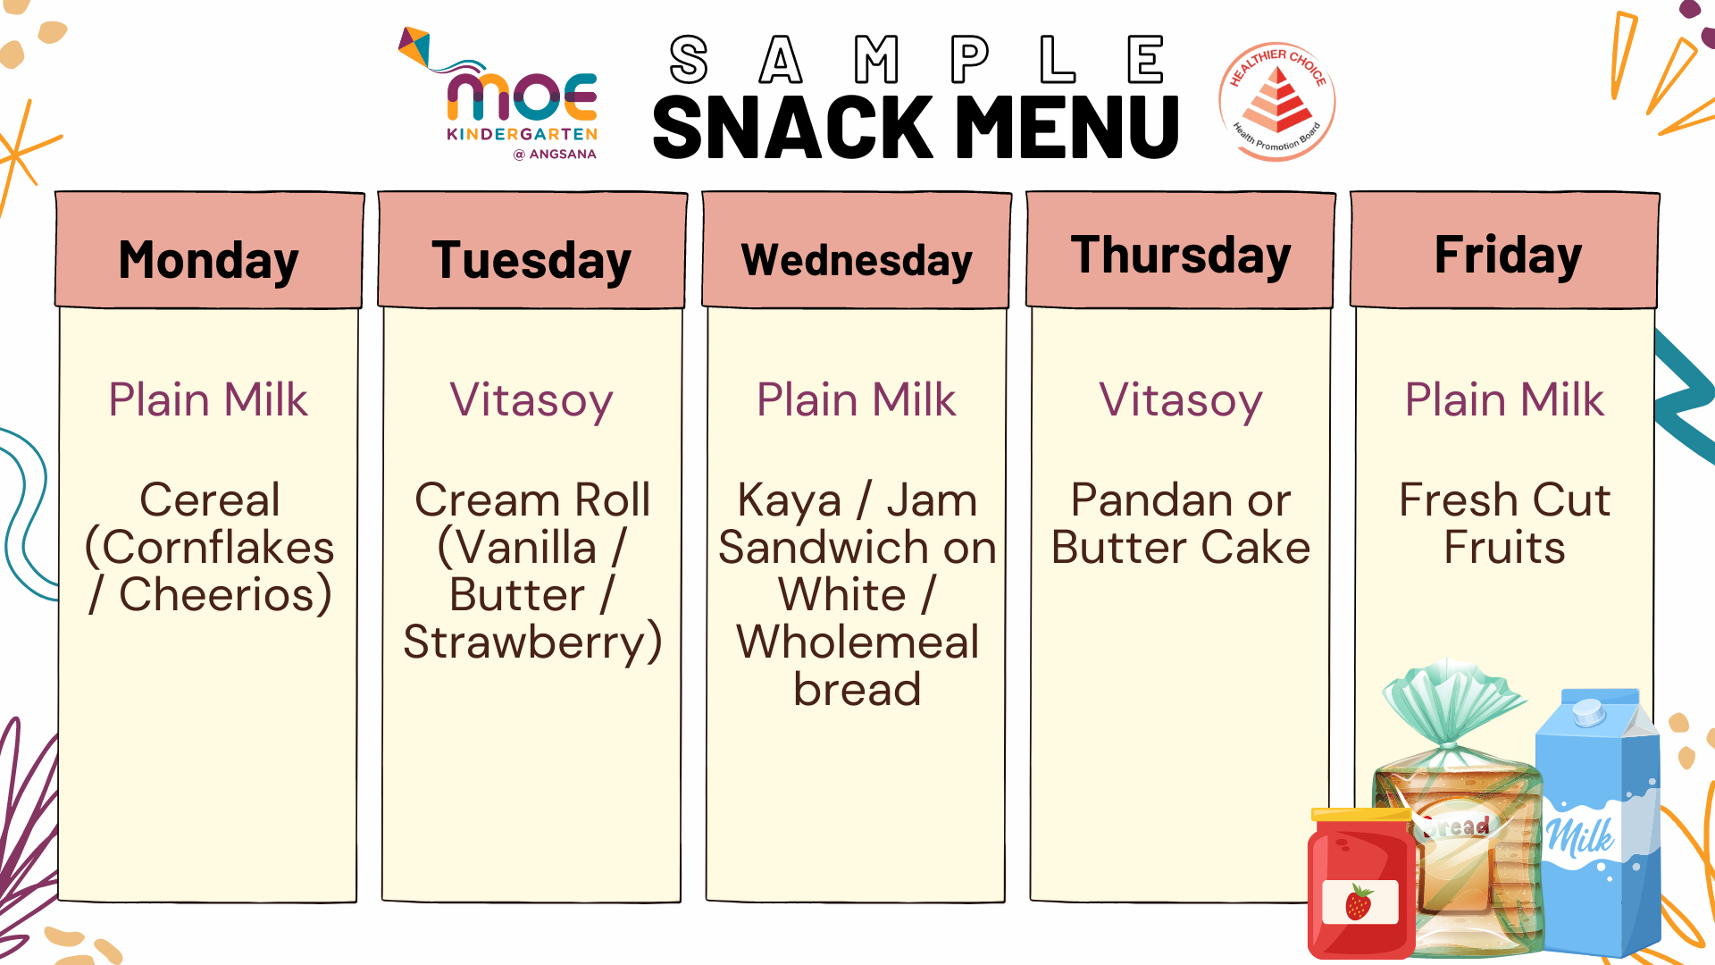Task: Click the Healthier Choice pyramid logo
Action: point(1277,102)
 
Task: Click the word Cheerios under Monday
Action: point(225,595)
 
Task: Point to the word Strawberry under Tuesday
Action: point(532,642)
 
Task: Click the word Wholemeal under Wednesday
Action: point(857,642)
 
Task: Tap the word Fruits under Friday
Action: point(1505,548)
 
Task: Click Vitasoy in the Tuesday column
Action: point(531,400)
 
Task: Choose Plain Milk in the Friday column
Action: point(1505,399)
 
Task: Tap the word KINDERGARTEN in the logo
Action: point(523,134)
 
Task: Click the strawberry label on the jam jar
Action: point(1359,902)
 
